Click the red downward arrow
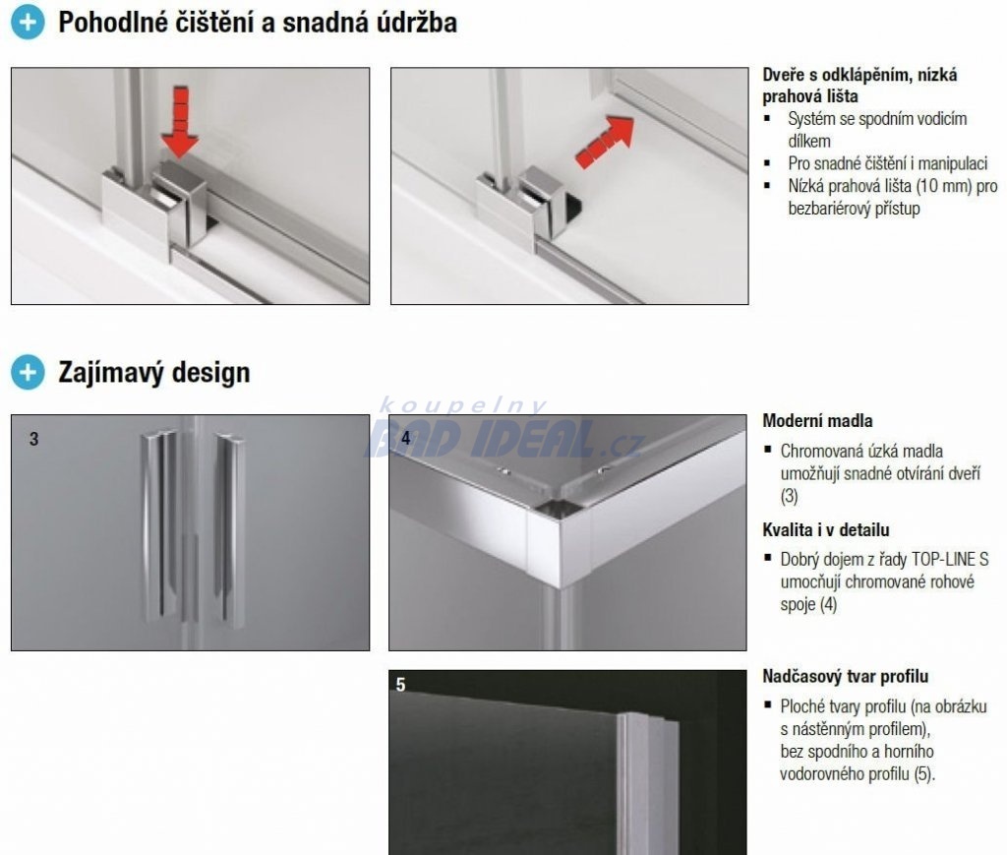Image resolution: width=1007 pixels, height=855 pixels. click(180, 122)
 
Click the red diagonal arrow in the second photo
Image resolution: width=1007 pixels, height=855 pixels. click(604, 142)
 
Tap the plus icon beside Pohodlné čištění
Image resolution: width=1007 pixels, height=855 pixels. click(28, 23)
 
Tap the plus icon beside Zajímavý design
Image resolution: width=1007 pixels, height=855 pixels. click(28, 372)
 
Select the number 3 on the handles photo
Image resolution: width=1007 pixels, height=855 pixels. click(34, 439)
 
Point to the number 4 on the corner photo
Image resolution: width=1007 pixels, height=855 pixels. click(406, 438)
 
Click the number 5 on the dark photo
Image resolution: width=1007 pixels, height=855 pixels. click(401, 685)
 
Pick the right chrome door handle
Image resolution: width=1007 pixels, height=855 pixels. click(229, 526)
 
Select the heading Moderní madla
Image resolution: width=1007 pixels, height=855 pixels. click(817, 421)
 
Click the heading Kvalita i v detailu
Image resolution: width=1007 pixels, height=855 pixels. click(826, 530)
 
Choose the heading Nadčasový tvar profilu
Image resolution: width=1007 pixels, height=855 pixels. click(845, 676)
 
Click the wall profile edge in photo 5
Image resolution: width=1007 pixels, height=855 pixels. click(645, 784)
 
